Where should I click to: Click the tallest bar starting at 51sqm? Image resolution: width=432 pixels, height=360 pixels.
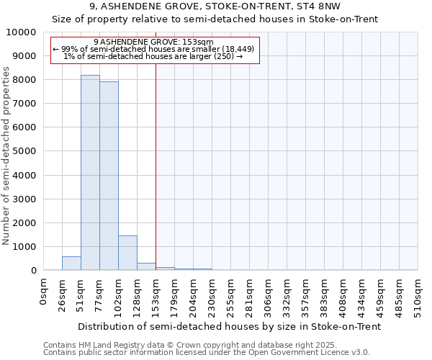(90, 173)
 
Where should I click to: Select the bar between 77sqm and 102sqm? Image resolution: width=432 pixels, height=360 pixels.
(109, 176)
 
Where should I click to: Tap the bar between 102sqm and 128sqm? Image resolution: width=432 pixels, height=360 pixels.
(127, 253)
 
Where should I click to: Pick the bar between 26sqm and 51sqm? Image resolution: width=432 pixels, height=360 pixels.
(71, 264)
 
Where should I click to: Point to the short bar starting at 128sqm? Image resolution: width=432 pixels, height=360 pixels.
(146, 266)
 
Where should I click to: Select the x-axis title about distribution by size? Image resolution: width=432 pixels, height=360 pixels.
(229, 326)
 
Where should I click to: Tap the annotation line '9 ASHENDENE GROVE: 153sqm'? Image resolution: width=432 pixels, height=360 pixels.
(153, 42)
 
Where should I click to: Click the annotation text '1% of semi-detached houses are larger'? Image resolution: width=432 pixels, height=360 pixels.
(137, 56)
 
